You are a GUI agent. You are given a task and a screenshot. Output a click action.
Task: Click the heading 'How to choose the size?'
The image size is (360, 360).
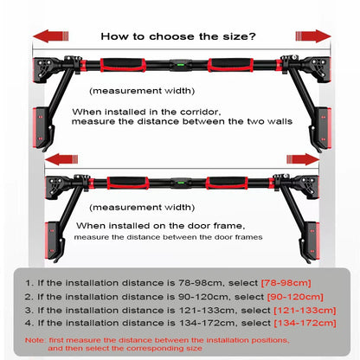177,36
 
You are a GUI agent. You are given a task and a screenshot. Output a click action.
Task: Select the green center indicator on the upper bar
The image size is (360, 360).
180,66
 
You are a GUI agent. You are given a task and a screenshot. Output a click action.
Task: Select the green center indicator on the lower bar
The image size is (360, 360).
180,183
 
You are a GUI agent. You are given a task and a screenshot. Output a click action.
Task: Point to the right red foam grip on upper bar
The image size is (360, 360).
230,66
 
